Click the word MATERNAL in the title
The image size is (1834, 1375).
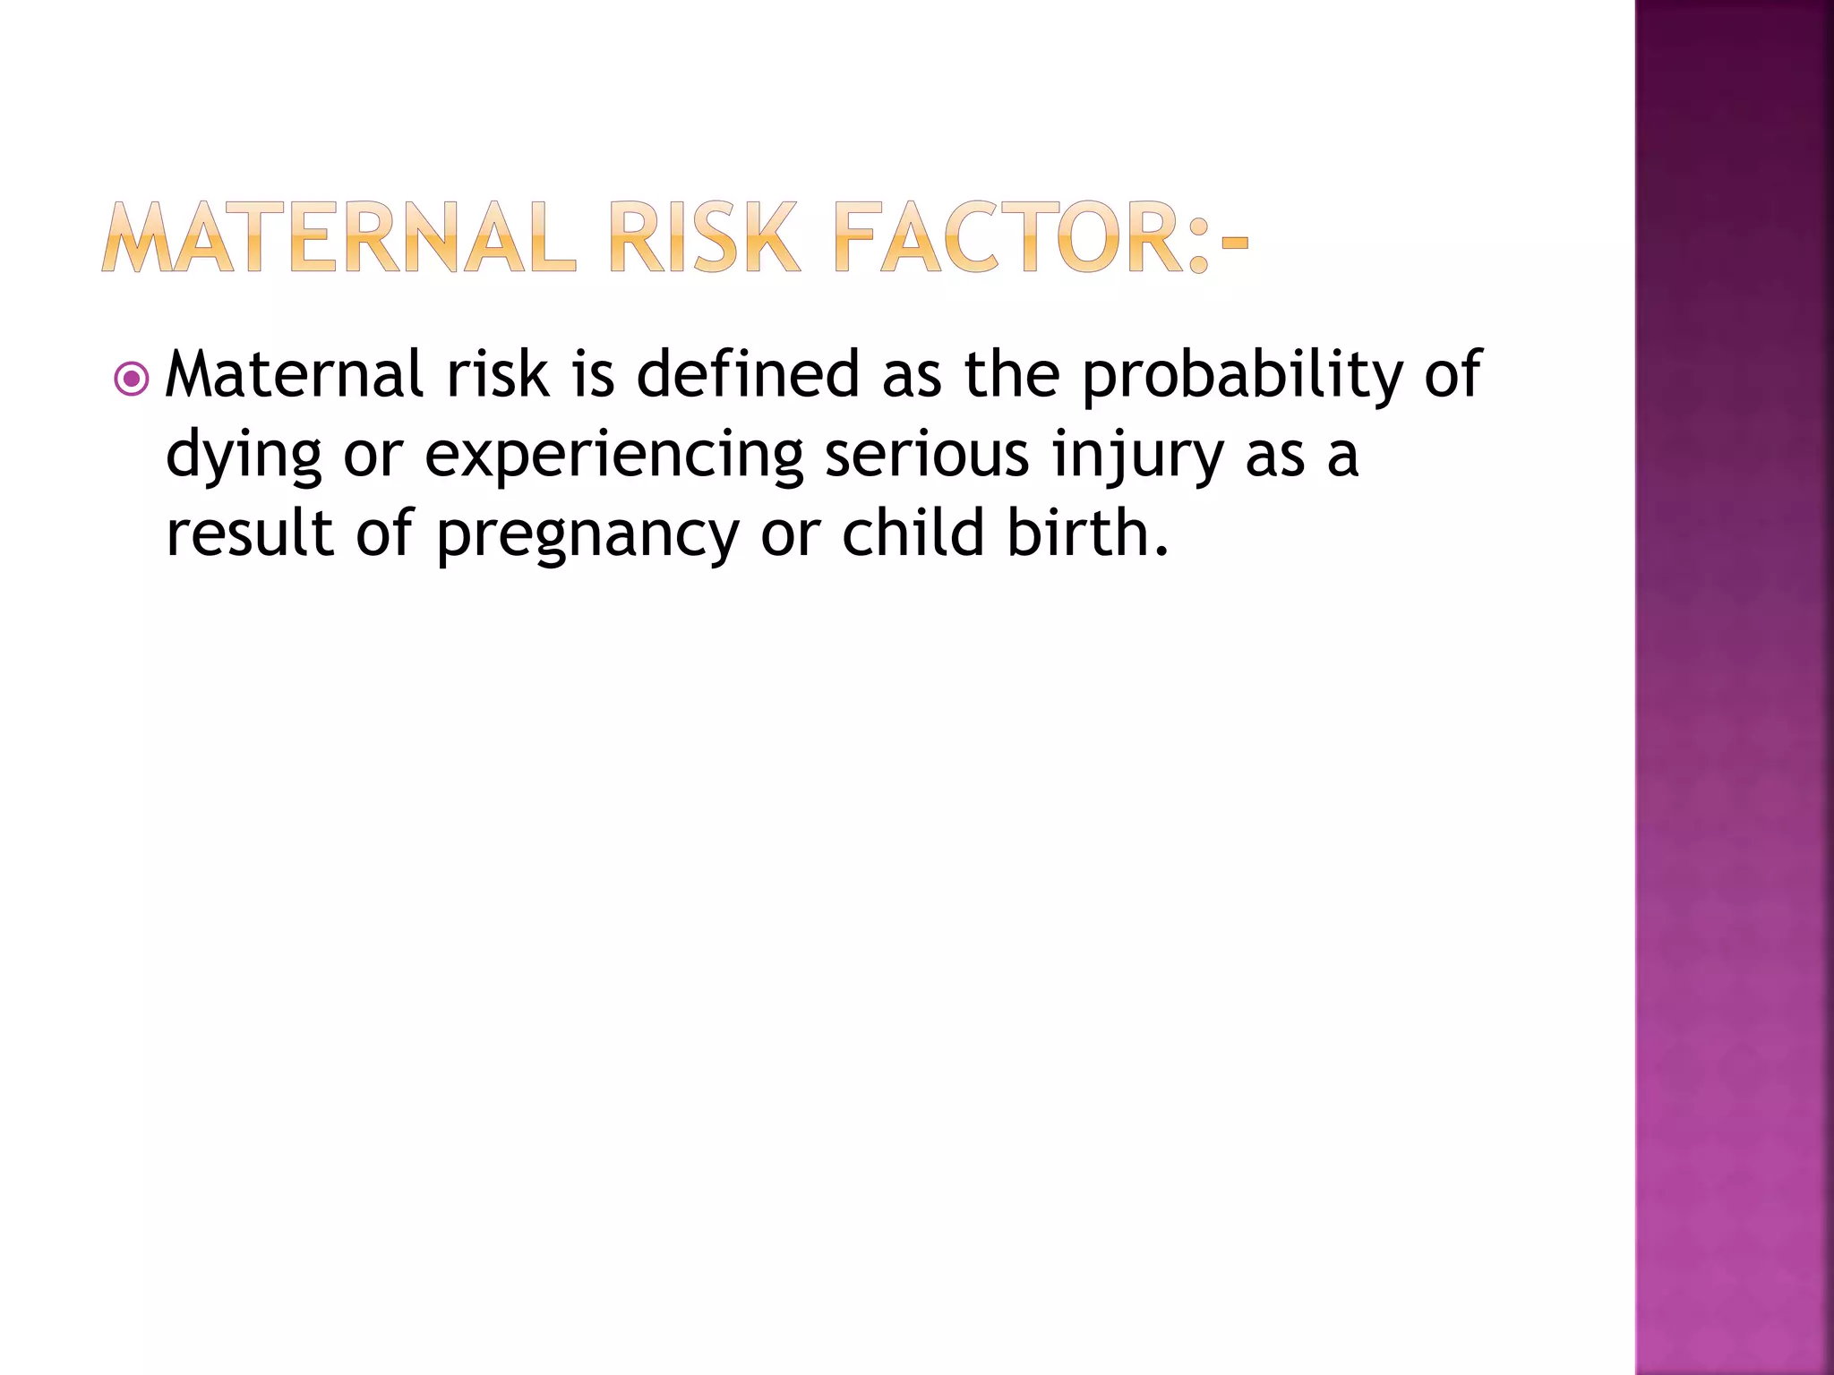339,238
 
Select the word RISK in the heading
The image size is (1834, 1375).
702,238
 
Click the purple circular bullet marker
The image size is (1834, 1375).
132,380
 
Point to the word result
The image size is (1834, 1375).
250,534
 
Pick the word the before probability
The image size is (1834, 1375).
1012,374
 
